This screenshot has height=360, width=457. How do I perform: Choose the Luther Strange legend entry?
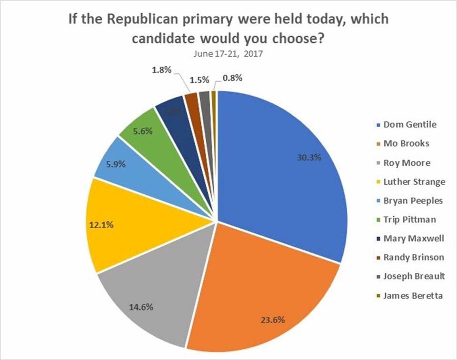(x=410, y=181)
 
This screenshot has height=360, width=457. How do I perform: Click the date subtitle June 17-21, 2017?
(x=228, y=53)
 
